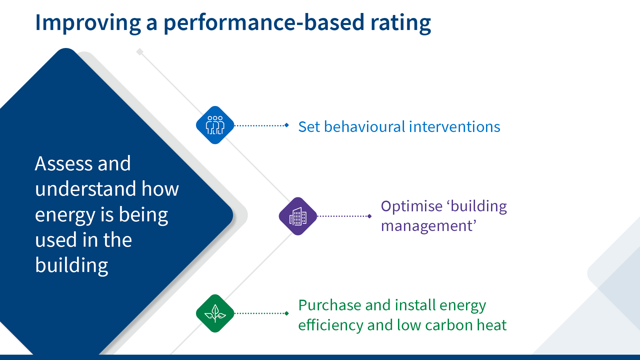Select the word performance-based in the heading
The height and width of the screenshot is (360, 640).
[x=264, y=23]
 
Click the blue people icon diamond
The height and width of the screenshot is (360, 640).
[x=215, y=125]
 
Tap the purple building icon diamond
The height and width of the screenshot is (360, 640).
[x=298, y=216]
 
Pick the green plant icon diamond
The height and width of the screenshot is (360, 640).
[x=215, y=313]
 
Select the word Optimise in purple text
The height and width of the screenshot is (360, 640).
[x=411, y=206]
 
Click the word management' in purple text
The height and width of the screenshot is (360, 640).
[x=428, y=226]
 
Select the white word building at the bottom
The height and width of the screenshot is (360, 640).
[x=72, y=265]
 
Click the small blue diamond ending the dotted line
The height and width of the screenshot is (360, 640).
[x=287, y=125]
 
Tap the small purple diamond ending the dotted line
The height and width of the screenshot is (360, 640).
[x=369, y=216]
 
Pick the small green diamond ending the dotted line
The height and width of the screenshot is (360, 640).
[x=287, y=313]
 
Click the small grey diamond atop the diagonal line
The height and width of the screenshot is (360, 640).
[x=140, y=52]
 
